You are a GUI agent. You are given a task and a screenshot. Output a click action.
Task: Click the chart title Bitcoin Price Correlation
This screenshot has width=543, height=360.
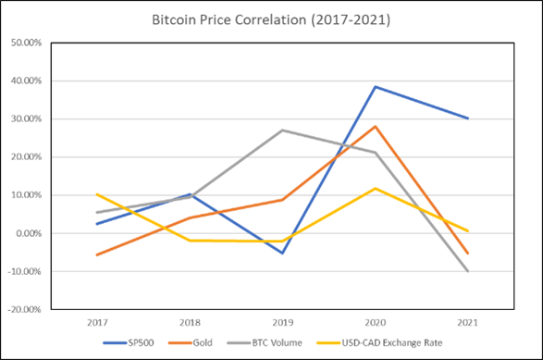pyautogui.click(x=271, y=19)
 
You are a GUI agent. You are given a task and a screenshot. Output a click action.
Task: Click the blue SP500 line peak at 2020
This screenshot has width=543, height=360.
pyautogui.click(x=376, y=87)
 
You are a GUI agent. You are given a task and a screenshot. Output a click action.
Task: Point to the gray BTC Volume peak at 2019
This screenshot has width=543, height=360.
pyautogui.click(x=282, y=130)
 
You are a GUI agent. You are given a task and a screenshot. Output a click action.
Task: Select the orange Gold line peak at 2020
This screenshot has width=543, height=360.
pyautogui.click(x=376, y=127)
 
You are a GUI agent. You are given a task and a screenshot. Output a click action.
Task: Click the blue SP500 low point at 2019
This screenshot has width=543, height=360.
pyautogui.click(x=282, y=253)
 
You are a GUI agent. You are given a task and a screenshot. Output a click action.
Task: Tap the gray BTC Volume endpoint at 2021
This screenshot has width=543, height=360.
pyautogui.click(x=468, y=271)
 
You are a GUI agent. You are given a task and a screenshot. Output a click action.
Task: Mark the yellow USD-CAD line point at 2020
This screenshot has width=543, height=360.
pyautogui.click(x=376, y=189)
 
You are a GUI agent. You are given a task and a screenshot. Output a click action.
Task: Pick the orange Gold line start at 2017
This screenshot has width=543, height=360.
pyautogui.click(x=96, y=254)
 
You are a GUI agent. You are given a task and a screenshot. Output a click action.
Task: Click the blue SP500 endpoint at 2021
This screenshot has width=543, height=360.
pyautogui.click(x=468, y=118)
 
